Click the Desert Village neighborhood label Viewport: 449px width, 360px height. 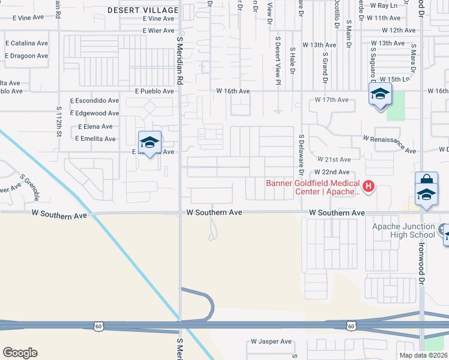(x=143, y=10)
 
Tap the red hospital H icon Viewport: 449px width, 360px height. (x=369, y=187)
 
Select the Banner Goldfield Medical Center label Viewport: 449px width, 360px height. (x=312, y=188)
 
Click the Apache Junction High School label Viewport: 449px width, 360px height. (x=403, y=230)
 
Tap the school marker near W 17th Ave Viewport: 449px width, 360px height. (x=380, y=95)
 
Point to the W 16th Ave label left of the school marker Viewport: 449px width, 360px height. (x=233, y=91)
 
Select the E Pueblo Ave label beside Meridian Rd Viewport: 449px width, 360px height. (x=154, y=91)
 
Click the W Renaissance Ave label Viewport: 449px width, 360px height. (x=389, y=143)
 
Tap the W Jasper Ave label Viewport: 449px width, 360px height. (x=271, y=341)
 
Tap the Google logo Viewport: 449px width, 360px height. (x=20, y=353)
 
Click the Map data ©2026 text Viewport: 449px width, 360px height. (x=422, y=355)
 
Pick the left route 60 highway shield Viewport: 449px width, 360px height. (x=98, y=326)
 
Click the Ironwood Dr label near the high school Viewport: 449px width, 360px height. (x=422, y=265)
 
